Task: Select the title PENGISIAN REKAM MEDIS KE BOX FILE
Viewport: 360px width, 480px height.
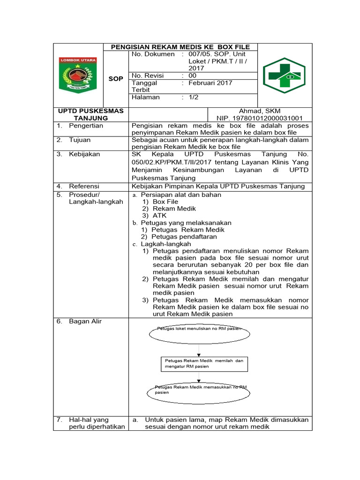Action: click(180, 47)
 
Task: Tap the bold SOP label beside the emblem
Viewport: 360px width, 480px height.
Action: click(116, 79)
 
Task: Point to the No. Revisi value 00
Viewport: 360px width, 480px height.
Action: click(193, 75)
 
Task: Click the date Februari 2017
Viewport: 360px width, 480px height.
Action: click(210, 83)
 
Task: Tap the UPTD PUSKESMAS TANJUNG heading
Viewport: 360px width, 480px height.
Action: click(90, 114)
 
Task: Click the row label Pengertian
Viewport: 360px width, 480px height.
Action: click(86, 126)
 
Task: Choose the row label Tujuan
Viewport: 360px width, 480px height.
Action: click(80, 140)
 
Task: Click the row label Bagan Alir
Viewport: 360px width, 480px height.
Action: click(85, 322)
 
